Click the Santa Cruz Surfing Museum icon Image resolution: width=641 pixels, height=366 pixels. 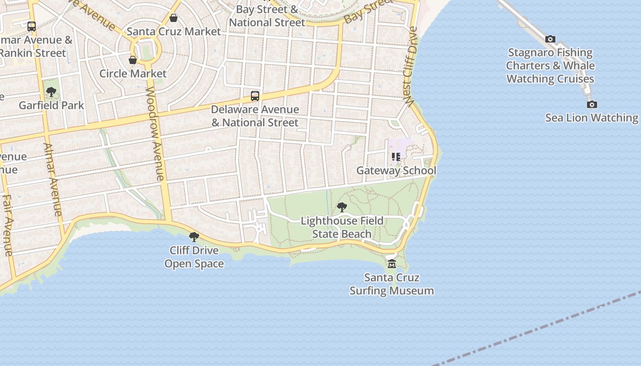click(x=392, y=264)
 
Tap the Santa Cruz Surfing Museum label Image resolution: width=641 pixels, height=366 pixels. click(x=392, y=284)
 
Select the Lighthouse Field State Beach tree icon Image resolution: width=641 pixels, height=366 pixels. click(x=342, y=207)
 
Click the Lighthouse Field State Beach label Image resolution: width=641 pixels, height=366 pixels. click(x=342, y=227)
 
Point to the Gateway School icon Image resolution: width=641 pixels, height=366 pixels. click(x=396, y=157)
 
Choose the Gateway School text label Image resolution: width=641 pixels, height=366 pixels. click(x=396, y=171)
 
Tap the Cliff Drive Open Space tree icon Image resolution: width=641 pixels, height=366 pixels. click(x=194, y=237)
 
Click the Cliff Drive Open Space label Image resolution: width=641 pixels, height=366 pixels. click(x=194, y=257)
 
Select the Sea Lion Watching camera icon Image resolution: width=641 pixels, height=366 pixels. click(x=592, y=105)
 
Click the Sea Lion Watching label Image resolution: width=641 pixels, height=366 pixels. click(x=592, y=118)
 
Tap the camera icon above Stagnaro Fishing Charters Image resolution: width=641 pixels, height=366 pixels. click(x=550, y=39)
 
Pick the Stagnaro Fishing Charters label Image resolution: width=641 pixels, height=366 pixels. click(x=550, y=66)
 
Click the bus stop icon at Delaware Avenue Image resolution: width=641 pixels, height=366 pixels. click(x=255, y=96)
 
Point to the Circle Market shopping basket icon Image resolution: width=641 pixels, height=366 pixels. click(x=133, y=60)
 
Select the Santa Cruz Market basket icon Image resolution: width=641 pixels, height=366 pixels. click(x=174, y=18)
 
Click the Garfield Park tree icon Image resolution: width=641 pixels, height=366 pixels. click(x=51, y=92)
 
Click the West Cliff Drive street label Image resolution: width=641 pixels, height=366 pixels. click(x=411, y=66)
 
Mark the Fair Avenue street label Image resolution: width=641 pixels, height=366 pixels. click(x=8, y=225)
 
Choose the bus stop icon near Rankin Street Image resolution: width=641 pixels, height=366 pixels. click(x=31, y=27)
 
